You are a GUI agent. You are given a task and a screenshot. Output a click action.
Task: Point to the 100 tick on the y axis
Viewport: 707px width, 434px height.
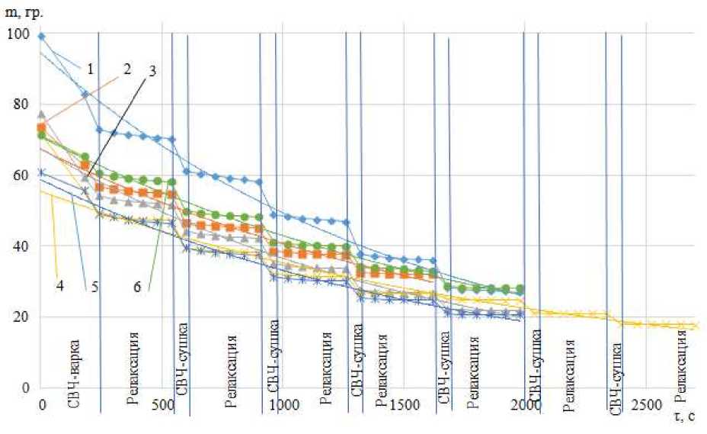(16, 34)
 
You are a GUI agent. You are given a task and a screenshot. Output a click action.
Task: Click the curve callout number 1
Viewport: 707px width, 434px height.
(90, 70)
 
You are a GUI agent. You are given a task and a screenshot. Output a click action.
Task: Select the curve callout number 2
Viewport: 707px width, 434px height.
(127, 68)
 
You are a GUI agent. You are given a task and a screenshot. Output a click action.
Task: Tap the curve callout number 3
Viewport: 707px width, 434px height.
(153, 72)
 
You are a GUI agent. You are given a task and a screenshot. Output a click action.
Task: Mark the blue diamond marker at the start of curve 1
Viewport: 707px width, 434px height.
(41, 36)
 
